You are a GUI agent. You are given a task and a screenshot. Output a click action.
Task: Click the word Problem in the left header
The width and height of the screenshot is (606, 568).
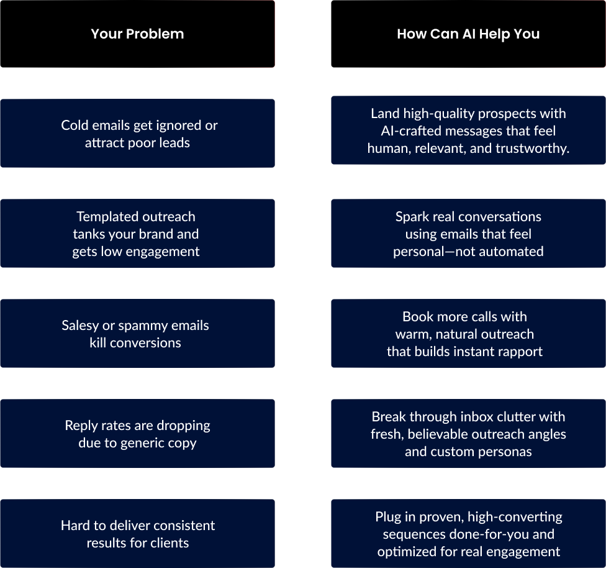155,34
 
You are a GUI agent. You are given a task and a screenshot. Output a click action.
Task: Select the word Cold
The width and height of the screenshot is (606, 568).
74,126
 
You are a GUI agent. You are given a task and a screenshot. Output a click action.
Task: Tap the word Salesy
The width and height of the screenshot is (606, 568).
80,326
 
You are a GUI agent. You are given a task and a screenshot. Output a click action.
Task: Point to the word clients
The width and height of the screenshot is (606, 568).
170,543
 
